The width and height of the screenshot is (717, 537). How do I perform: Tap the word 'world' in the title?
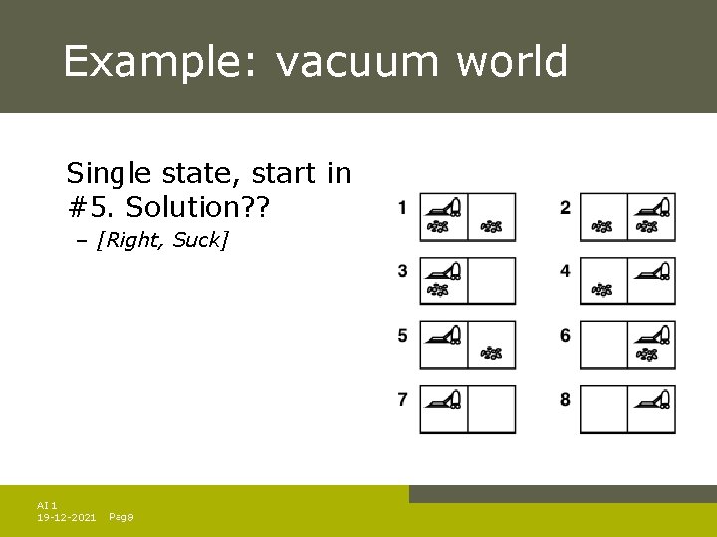(512, 62)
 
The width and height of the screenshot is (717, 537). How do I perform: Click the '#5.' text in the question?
(88, 207)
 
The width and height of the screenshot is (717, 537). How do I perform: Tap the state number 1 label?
(402, 208)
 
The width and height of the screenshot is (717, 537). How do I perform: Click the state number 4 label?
(565, 270)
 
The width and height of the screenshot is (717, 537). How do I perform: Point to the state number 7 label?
(402, 399)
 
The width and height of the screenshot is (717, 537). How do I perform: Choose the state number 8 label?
(565, 399)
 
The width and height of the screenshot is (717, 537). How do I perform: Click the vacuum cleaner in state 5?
(443, 334)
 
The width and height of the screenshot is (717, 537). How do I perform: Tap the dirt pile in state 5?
(492, 353)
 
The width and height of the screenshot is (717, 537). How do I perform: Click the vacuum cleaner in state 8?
(652, 398)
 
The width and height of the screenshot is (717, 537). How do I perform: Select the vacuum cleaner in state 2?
(652, 207)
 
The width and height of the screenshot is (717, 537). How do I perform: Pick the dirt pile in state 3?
(437, 290)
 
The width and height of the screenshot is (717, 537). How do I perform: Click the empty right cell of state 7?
(492, 409)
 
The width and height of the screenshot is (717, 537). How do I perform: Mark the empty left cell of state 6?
(603, 345)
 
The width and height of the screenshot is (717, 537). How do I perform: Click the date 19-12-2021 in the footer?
(66, 518)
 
